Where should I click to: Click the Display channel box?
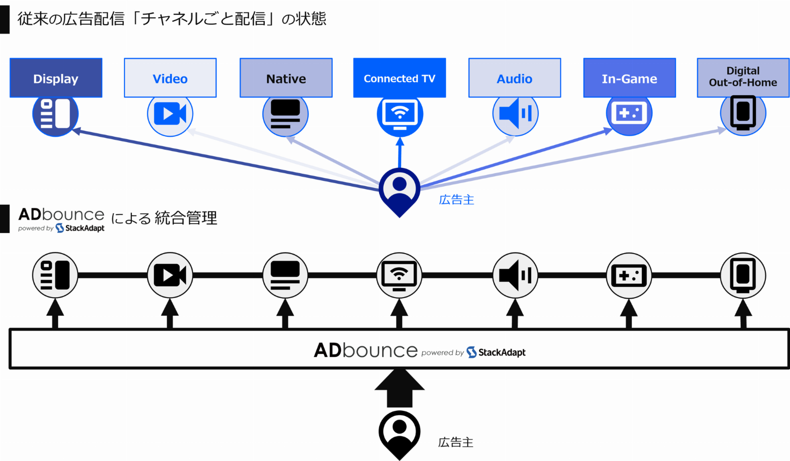[x=56, y=78]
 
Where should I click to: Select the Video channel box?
[x=170, y=78]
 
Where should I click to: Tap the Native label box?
[x=286, y=78]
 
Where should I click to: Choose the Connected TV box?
[x=399, y=78]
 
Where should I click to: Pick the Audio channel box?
[x=514, y=78]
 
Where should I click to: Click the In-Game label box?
[x=629, y=78]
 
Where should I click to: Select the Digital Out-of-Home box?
[x=743, y=77]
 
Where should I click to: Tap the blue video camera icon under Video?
[x=170, y=115]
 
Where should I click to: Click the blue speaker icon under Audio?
[x=515, y=114]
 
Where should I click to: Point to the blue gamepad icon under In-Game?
[x=629, y=114]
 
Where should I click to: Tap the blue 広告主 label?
[x=456, y=200]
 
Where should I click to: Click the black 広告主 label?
[x=455, y=442]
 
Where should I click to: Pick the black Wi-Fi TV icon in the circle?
[x=399, y=275]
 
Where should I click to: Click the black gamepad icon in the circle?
[x=629, y=275]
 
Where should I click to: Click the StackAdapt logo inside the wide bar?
[x=496, y=352]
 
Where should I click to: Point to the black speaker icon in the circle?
[x=515, y=275]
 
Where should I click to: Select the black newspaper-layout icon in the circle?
[x=55, y=275]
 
